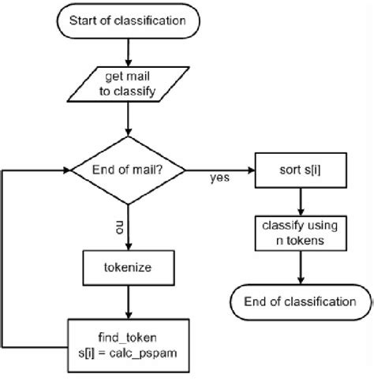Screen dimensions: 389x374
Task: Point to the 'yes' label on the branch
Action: [x=219, y=178]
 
